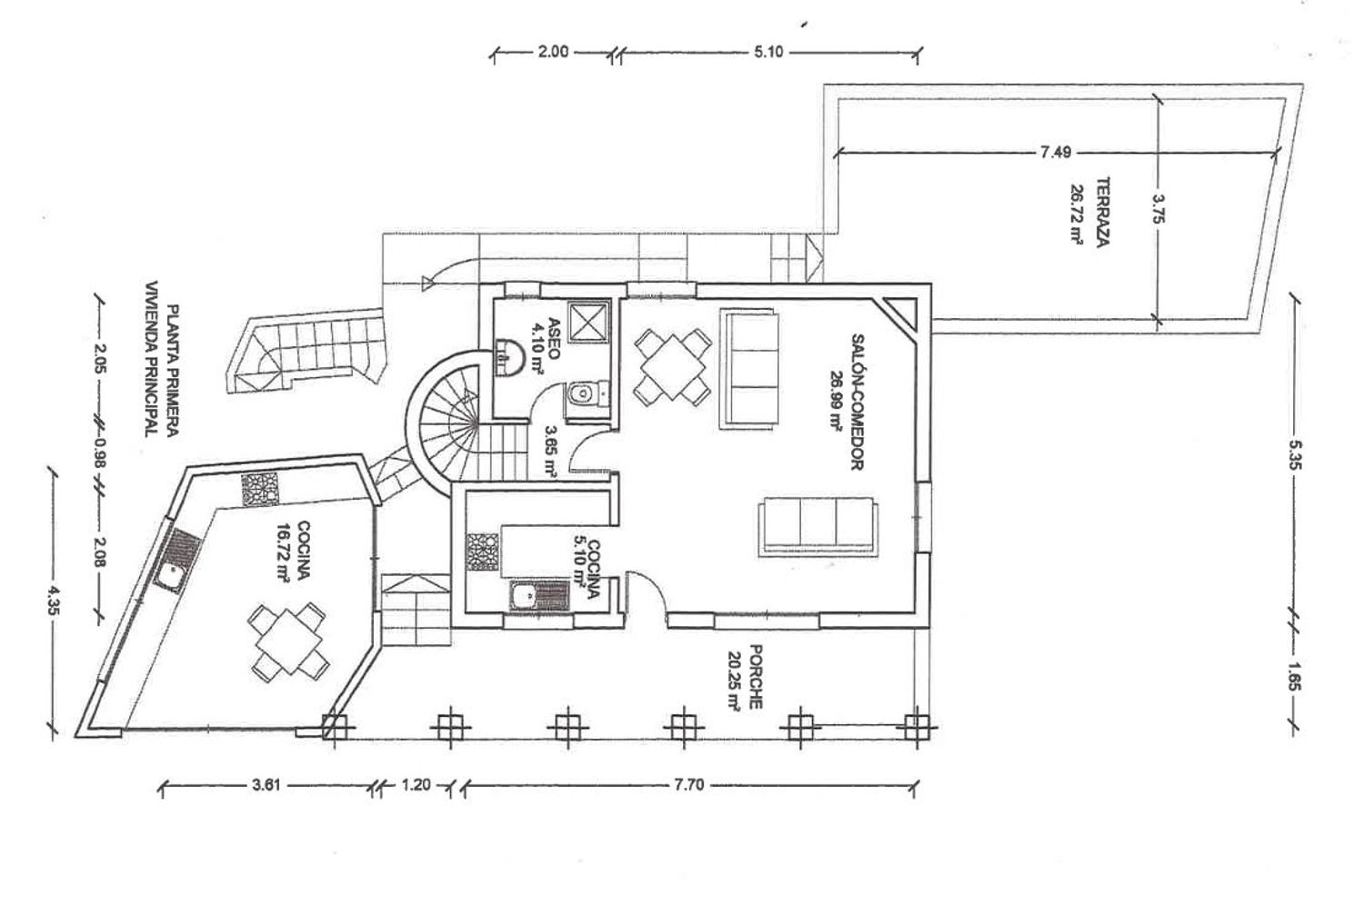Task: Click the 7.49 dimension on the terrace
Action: (1056, 152)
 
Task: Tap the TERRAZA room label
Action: (1103, 212)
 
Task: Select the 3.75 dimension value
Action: (1158, 209)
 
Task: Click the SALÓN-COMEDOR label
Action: (858, 402)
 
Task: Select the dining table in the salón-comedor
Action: (673, 367)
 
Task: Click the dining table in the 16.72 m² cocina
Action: (289, 641)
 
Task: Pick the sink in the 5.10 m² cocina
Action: (539, 596)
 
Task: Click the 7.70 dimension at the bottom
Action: (689, 785)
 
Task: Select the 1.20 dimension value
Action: (416, 785)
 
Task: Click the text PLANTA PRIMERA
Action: (173, 371)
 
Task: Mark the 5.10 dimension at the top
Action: (768, 52)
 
